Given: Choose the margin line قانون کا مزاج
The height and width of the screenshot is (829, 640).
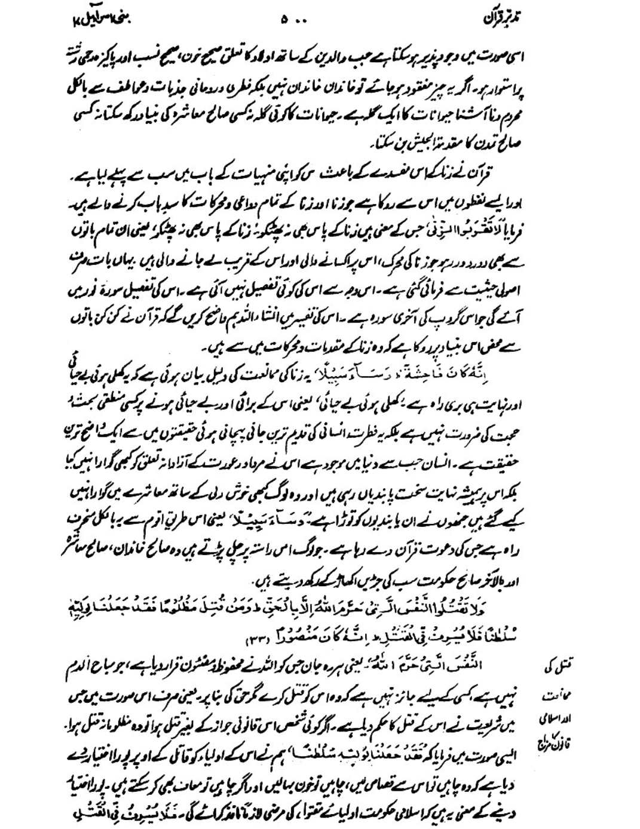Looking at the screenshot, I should pos(550,738).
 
